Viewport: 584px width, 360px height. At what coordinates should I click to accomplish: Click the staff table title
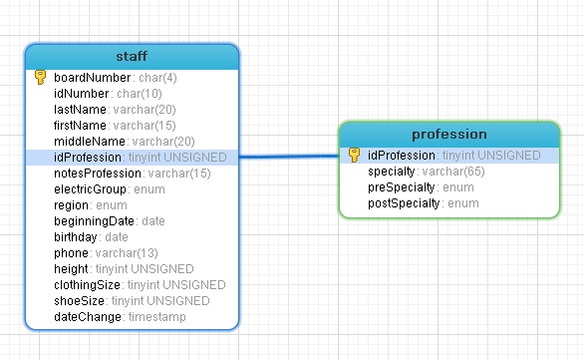pyautogui.click(x=132, y=56)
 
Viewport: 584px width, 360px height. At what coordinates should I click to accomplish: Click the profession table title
pyautogui.click(x=449, y=135)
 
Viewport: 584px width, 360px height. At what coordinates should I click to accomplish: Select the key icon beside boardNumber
pyautogui.click(x=40, y=77)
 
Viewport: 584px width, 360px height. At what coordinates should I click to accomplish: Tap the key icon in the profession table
pyautogui.click(x=354, y=155)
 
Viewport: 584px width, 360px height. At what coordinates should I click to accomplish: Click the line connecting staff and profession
pyautogui.click(x=289, y=157)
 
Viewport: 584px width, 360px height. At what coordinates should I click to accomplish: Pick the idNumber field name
pyautogui.click(x=81, y=94)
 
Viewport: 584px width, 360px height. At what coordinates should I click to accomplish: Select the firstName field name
pyautogui.click(x=80, y=126)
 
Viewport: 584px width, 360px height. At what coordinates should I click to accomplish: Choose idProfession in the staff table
pyautogui.click(x=88, y=158)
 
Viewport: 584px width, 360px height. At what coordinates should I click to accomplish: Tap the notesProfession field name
pyautogui.click(x=98, y=174)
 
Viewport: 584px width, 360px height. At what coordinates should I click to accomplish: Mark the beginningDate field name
pyautogui.click(x=94, y=221)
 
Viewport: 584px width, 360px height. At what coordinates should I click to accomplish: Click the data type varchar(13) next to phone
pyautogui.click(x=127, y=253)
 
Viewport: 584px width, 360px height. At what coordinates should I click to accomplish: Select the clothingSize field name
pyautogui.click(x=87, y=285)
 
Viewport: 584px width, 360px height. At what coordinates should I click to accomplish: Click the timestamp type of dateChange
pyautogui.click(x=157, y=317)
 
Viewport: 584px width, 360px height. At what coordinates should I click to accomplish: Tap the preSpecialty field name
pyautogui.click(x=402, y=187)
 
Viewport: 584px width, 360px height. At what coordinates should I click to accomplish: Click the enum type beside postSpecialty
pyautogui.click(x=463, y=203)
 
